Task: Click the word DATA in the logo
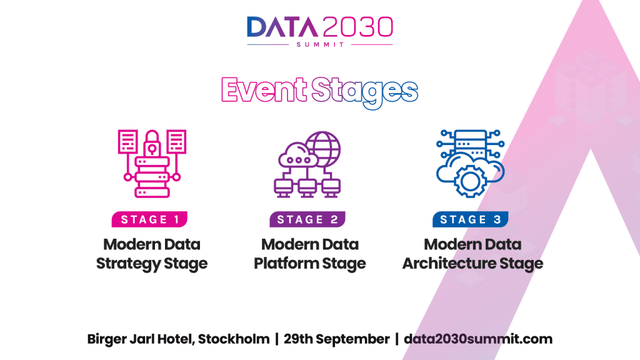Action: coord(282,27)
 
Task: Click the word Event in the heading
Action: coord(264,89)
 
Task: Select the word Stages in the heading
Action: coord(365,92)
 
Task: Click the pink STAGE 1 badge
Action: coord(149,219)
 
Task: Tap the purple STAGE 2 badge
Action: coord(307,219)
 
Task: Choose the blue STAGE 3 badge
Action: coord(470,219)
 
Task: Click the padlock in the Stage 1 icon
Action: coord(152,143)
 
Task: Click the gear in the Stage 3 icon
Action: coord(470,181)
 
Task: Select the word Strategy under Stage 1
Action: coord(128,264)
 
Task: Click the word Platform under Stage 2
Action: coord(286,263)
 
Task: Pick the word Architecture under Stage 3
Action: coord(449,263)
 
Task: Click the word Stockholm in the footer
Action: coord(234,339)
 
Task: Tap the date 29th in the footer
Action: coord(297,339)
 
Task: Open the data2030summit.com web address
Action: coord(478,339)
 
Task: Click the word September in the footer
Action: coord(352,339)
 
